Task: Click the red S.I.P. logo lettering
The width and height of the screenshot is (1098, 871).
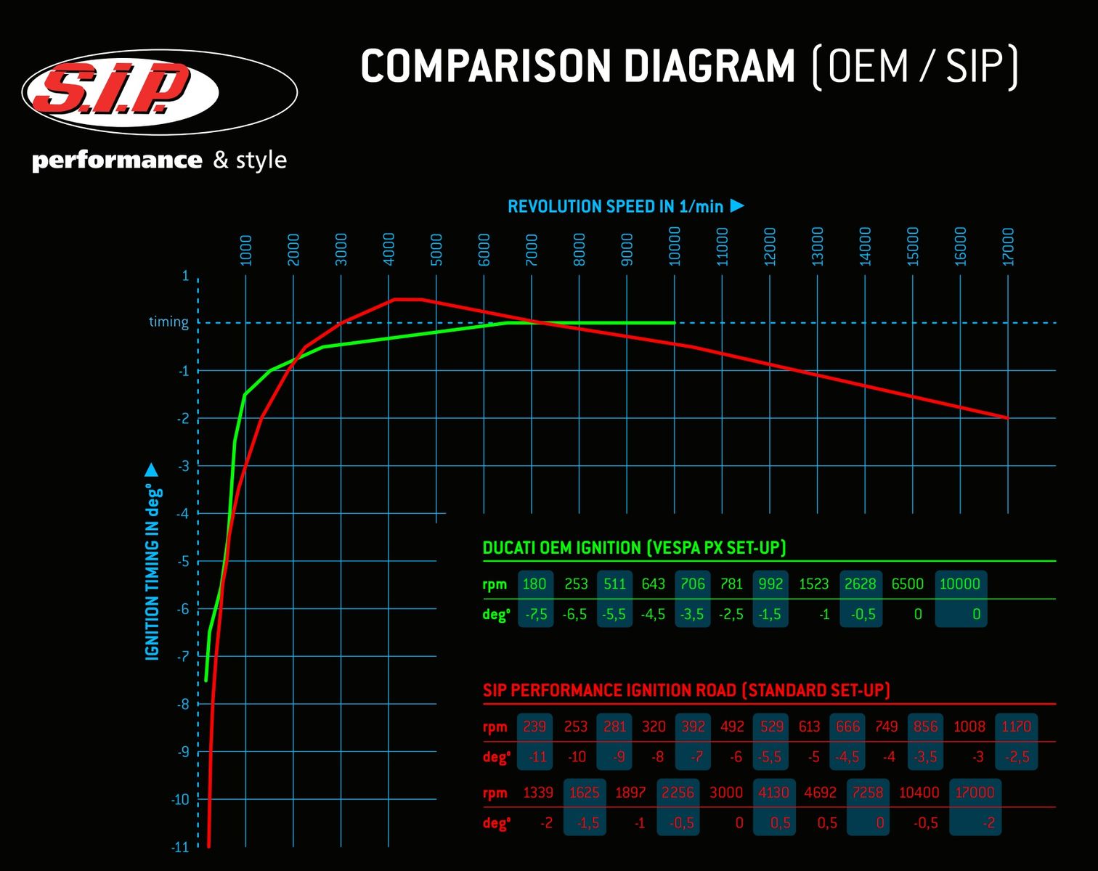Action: pos(116,89)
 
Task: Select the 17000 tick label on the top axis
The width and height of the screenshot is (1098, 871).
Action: pos(1008,247)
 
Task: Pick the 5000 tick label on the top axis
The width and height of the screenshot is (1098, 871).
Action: pos(436,249)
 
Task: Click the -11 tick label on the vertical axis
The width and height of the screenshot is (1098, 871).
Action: pos(180,846)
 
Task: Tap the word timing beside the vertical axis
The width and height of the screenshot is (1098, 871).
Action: pos(168,322)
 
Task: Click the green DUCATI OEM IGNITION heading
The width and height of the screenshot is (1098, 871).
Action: pos(634,548)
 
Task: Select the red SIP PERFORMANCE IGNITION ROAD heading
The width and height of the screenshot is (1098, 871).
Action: pos(686,690)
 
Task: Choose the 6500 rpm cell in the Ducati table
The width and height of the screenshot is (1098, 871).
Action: pos(907,584)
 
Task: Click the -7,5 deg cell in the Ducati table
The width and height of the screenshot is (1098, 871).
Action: pos(536,615)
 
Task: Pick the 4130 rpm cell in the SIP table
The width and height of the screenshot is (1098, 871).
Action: pos(773,793)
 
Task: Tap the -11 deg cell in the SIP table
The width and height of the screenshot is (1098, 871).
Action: pos(537,757)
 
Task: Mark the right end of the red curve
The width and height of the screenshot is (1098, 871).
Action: pos(1007,418)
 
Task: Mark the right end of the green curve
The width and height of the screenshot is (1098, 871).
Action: pos(675,322)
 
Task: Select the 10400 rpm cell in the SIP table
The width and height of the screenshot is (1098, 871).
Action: pos(919,793)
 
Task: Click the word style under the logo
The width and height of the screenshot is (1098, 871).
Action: pos(261,160)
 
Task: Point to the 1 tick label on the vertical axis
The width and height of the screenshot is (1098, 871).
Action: pos(185,276)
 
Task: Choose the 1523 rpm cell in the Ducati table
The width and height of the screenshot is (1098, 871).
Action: pos(813,584)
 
